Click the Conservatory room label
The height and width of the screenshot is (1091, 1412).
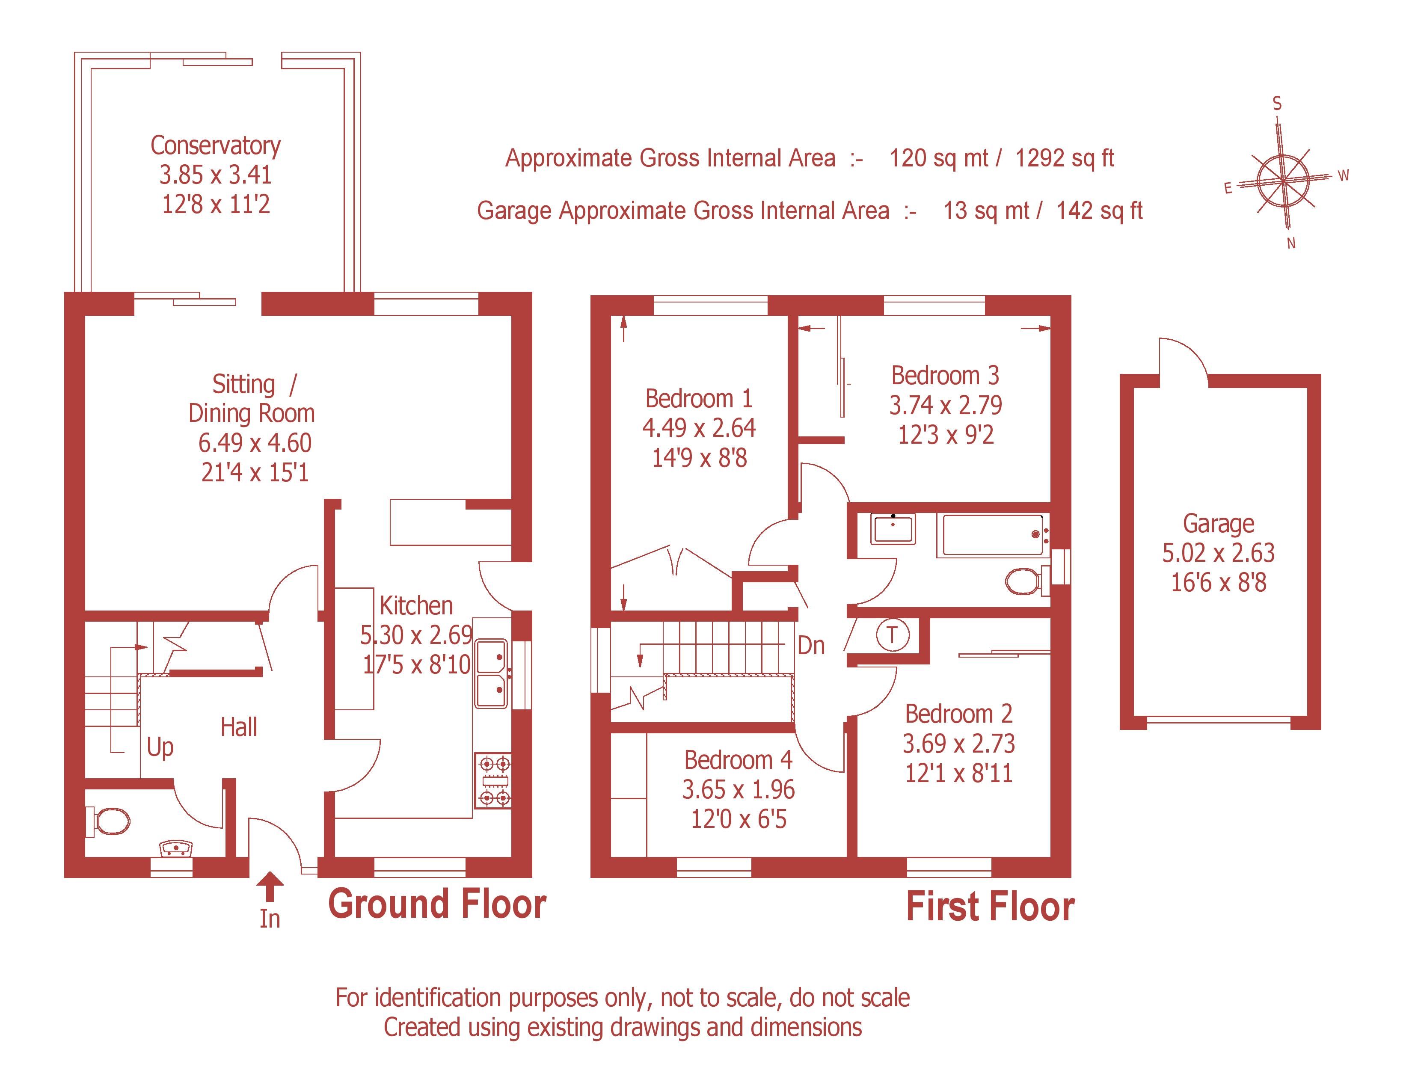(215, 146)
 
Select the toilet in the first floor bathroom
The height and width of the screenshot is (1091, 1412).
(1024, 581)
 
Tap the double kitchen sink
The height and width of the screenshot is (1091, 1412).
(492, 673)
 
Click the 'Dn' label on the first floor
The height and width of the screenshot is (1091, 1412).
(811, 645)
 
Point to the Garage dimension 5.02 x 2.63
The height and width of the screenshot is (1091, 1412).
(1218, 553)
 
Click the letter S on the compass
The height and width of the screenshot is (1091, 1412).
(1277, 104)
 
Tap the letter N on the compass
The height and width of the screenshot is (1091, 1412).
(1291, 244)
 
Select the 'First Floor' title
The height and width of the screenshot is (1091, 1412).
(990, 906)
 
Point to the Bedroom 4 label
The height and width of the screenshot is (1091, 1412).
(738, 760)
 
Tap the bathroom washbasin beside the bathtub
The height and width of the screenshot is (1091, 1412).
(892, 529)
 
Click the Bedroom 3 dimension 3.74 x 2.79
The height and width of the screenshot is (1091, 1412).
(945, 405)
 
